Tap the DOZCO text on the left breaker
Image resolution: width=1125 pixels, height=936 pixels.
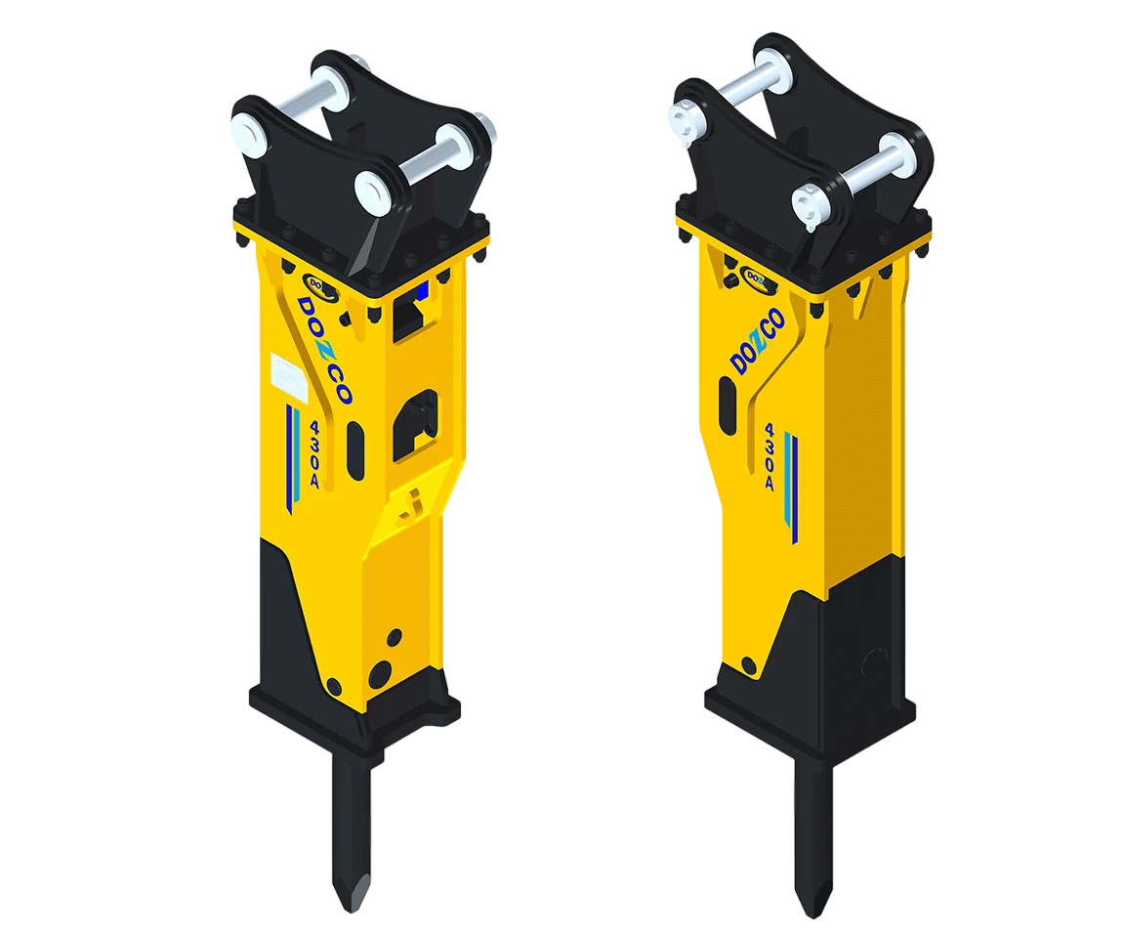pyautogui.click(x=323, y=350)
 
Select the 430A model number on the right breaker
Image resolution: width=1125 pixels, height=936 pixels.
pyautogui.click(x=770, y=456)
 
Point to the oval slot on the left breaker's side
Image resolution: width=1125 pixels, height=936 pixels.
pyautogui.click(x=355, y=451)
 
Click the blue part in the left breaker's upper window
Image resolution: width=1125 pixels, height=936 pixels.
pyautogui.click(x=423, y=291)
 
